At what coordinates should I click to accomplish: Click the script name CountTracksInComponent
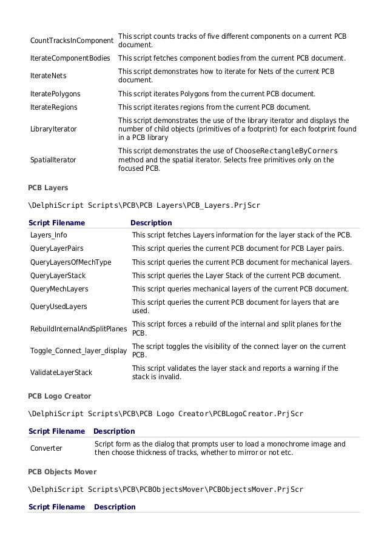[x=72, y=41]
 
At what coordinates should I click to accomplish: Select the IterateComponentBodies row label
[x=70, y=58]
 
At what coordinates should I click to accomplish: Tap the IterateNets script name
[x=49, y=76]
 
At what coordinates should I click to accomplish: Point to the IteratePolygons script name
[x=55, y=94]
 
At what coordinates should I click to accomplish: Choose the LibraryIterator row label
[x=53, y=129]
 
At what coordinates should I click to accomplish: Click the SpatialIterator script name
[x=53, y=160]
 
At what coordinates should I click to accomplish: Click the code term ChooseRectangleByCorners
[x=286, y=151]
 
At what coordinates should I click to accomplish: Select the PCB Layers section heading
[x=48, y=188]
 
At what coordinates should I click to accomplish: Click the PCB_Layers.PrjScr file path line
[x=144, y=205]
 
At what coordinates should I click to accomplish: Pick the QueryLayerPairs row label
[x=57, y=248]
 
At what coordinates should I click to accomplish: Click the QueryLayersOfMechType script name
[x=71, y=262]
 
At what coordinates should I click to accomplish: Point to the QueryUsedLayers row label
[x=58, y=307]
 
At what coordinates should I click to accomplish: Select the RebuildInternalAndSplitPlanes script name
[x=79, y=329]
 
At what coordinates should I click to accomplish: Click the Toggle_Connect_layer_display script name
[x=79, y=351]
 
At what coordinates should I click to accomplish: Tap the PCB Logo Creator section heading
[x=59, y=396]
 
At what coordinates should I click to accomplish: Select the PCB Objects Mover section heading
[x=62, y=471]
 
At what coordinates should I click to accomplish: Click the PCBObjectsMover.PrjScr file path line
[x=166, y=489]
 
